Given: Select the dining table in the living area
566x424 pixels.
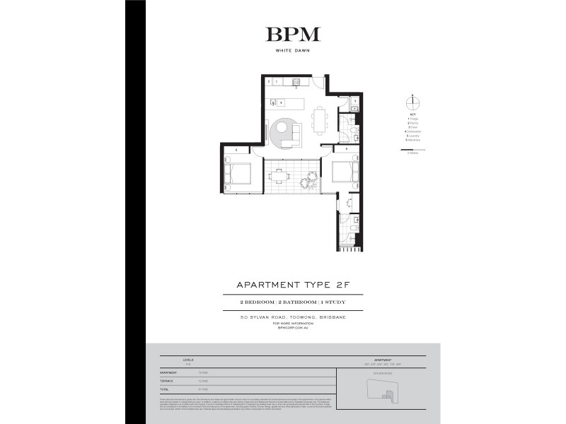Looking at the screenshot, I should (320, 119).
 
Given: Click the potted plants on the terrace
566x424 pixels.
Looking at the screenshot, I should (307, 182).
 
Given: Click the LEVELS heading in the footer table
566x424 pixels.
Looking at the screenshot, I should (187, 360).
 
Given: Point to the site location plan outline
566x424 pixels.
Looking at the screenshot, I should (387, 386).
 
